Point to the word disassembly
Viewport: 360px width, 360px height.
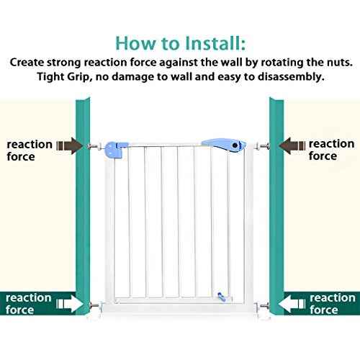(x=291, y=77)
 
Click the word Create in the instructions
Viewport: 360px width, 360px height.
(x=27, y=63)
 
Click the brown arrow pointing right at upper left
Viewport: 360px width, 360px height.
(x=70, y=145)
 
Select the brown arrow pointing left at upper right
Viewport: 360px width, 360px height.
(x=292, y=145)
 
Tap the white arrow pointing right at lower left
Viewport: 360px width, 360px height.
(x=70, y=304)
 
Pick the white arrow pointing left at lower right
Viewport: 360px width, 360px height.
(x=292, y=304)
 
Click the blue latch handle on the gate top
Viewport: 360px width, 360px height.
(x=225, y=145)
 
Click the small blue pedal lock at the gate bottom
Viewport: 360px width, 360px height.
(x=222, y=297)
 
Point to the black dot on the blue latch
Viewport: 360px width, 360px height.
(x=235, y=145)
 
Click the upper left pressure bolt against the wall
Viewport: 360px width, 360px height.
(x=95, y=146)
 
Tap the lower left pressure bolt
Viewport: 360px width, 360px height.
(x=96, y=306)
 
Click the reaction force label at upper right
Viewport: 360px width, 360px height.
(x=331, y=150)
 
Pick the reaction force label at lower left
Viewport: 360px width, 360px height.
(x=28, y=304)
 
